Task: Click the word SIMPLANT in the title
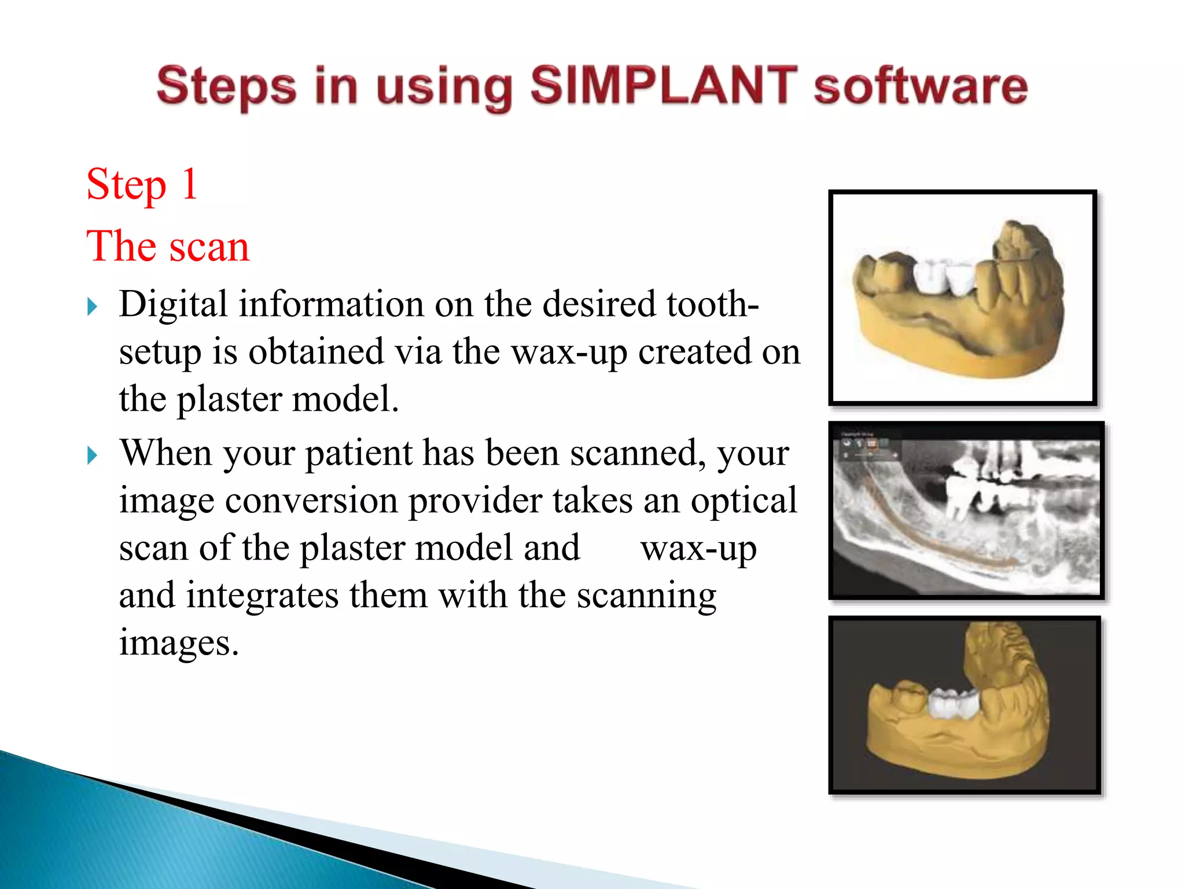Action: [663, 85]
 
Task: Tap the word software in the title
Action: [920, 87]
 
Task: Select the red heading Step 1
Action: [142, 184]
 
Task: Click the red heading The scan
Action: [168, 246]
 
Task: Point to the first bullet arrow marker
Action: [92, 307]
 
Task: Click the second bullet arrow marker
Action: [92, 455]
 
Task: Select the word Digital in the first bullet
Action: [173, 304]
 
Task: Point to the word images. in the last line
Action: [179, 642]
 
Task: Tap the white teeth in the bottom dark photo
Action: [952, 703]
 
